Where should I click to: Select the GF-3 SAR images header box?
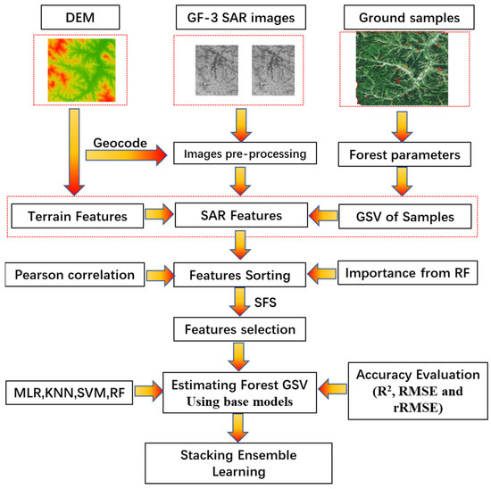242,16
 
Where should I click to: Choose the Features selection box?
242,330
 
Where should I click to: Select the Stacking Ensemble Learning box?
242,458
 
